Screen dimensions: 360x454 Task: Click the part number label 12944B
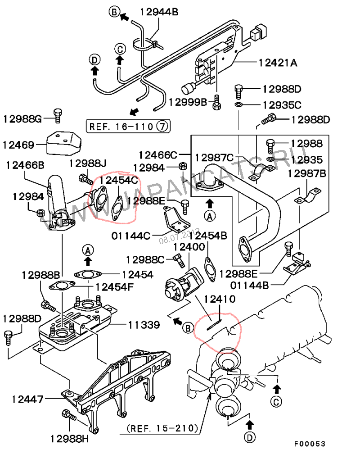[159, 12]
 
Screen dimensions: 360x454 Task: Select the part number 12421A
[278, 63]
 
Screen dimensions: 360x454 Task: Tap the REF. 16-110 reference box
[128, 126]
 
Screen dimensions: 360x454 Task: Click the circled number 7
[162, 126]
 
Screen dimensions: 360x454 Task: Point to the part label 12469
[18, 145]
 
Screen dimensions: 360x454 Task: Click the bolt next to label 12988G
[58, 116]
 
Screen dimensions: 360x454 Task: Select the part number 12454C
[119, 180]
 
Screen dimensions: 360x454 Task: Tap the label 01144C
[131, 236]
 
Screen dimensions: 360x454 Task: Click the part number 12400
[189, 247]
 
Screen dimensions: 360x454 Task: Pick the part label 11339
[144, 325]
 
